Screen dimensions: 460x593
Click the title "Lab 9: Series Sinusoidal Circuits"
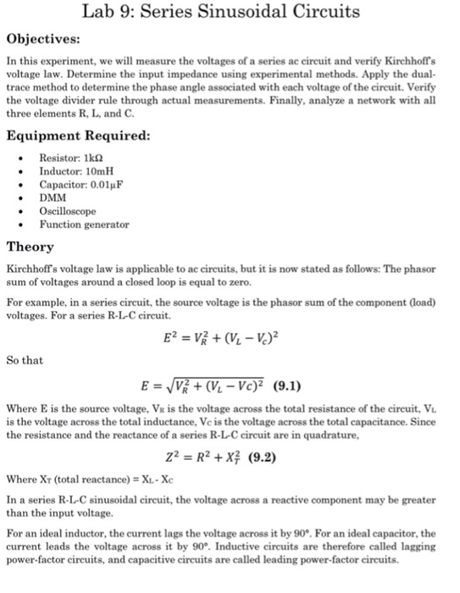pyautogui.click(x=230, y=13)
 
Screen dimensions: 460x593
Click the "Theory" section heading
pyautogui.click(x=30, y=247)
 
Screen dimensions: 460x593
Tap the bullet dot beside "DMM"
pyautogui.click(x=19, y=198)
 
